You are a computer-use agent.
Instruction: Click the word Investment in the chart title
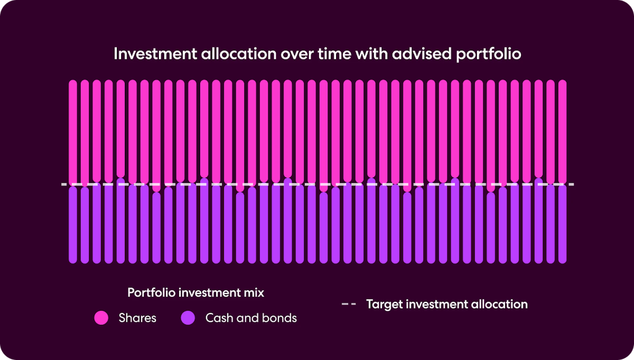(155, 54)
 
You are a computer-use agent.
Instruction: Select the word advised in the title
(421, 54)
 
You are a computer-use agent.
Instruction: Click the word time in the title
(334, 54)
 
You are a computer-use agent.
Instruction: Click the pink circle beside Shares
(101, 318)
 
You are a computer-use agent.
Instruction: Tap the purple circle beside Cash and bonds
(188, 318)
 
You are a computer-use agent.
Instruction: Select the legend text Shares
(137, 318)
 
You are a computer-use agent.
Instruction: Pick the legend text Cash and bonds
(251, 318)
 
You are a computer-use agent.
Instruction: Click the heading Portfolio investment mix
(195, 293)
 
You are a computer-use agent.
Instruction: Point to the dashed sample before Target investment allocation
(349, 304)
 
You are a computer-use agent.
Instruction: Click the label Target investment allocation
(447, 304)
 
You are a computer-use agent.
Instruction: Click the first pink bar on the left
(73, 132)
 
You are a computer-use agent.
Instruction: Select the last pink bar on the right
(562, 132)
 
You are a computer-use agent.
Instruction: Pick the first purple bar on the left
(73, 224)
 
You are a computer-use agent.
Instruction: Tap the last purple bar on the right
(562, 224)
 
